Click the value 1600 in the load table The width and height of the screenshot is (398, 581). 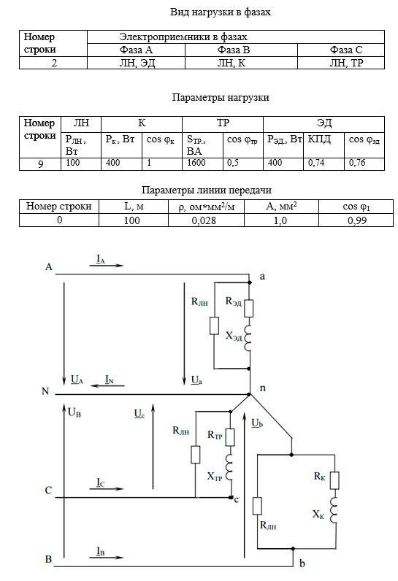pyautogui.click(x=196, y=163)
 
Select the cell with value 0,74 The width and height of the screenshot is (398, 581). pyautogui.click(x=316, y=163)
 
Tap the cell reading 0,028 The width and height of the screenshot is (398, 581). pyautogui.click(x=204, y=220)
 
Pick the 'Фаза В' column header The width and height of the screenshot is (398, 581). pyautogui.click(x=234, y=50)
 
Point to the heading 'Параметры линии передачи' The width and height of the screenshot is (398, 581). pyautogui.click(x=207, y=190)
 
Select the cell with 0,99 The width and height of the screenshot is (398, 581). pyautogui.click(x=357, y=220)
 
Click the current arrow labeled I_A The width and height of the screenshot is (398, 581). pyautogui.click(x=107, y=265)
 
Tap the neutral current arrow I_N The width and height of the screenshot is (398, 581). pyautogui.click(x=108, y=385)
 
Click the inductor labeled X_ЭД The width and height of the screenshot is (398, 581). pyautogui.click(x=248, y=338)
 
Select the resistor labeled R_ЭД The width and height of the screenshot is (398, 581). pyautogui.click(x=249, y=308)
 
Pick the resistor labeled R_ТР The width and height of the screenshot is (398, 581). pyautogui.click(x=230, y=437)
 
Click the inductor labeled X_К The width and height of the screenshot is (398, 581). pyautogui.click(x=334, y=510)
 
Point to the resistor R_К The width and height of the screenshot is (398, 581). pyautogui.click(x=334, y=480)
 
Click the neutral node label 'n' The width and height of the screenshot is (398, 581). pyautogui.click(x=263, y=388)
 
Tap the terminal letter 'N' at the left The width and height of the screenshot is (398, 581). pyautogui.click(x=45, y=391)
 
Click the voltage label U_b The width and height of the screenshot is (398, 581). pyautogui.click(x=257, y=423)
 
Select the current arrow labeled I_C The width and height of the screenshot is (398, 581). pyautogui.click(x=107, y=489)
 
